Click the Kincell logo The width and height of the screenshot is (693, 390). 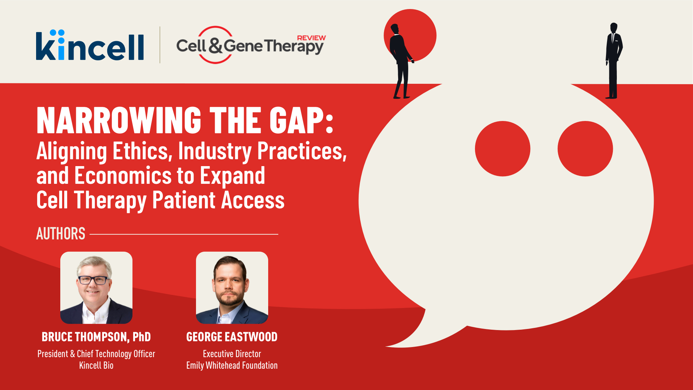(x=90, y=45)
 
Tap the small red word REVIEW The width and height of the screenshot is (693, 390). (x=311, y=38)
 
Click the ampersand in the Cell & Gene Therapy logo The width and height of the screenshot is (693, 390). (x=215, y=45)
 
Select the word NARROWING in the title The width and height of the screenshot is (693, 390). (x=119, y=120)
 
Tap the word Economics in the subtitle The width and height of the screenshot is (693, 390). (x=123, y=175)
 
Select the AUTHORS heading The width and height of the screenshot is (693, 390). (x=61, y=234)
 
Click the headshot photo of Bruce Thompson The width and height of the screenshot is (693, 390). (x=96, y=288)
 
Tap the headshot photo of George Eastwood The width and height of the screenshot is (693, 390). (x=232, y=288)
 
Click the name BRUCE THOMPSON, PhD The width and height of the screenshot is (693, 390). (x=96, y=337)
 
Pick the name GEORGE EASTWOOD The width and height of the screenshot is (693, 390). (x=232, y=337)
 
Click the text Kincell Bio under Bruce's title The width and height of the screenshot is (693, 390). (x=96, y=365)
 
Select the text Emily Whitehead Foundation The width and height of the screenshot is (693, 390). (x=232, y=365)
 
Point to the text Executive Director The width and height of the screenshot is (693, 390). (x=232, y=354)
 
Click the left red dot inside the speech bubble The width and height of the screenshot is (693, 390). (x=502, y=149)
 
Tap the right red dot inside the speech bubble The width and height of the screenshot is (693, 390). (x=585, y=149)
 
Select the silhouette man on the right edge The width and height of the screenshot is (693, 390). (x=613, y=61)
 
